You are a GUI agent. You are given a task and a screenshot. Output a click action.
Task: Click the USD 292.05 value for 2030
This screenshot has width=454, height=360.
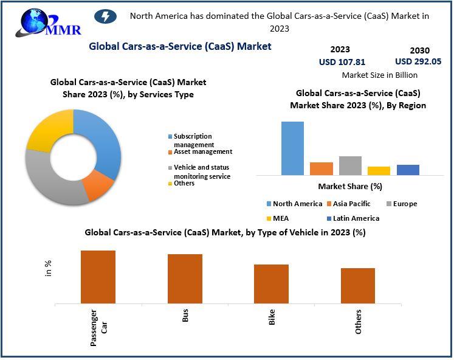click(x=418, y=61)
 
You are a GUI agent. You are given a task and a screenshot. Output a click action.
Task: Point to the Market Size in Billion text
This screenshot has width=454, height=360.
click(x=380, y=75)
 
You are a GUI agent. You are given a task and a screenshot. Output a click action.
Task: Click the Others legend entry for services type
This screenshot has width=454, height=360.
click(x=184, y=183)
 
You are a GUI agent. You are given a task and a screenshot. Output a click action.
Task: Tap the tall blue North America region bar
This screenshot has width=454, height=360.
click(x=292, y=148)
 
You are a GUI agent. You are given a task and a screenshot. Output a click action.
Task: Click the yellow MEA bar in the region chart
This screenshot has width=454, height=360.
click(x=379, y=170)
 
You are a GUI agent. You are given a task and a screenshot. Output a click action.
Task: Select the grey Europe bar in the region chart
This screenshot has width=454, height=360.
click(x=350, y=165)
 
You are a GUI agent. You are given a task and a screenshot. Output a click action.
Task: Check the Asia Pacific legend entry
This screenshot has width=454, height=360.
click(x=351, y=204)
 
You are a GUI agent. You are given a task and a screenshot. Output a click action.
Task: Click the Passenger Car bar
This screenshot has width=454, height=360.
click(x=98, y=276)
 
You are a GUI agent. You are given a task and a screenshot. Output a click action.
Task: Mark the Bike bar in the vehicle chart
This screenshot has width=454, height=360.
click(x=271, y=283)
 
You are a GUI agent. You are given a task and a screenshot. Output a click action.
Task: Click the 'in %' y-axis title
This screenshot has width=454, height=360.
click(x=49, y=268)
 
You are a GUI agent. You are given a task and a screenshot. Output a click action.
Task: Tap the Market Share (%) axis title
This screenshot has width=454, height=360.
click(x=350, y=186)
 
